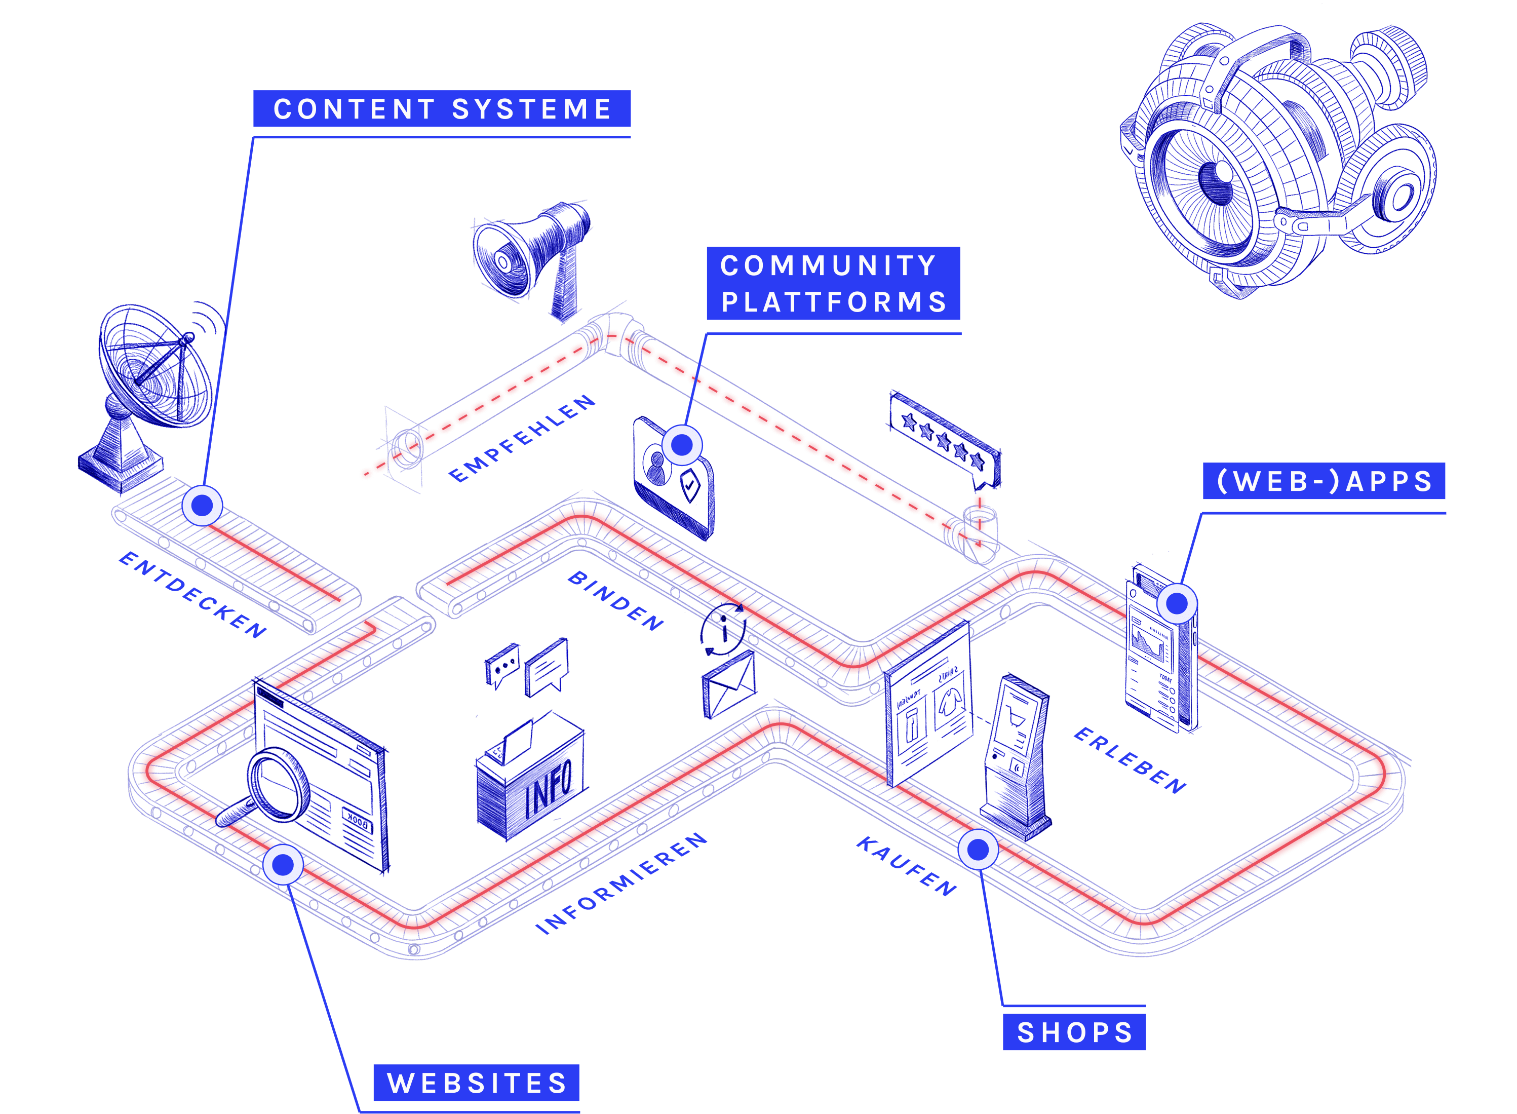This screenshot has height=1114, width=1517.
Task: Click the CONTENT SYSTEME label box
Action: (442, 108)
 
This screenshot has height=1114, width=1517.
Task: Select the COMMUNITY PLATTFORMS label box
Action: (833, 283)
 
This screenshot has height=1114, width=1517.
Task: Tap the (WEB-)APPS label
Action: (1324, 481)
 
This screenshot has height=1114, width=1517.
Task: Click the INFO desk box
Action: (529, 782)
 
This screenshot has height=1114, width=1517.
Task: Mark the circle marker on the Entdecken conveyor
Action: (202, 505)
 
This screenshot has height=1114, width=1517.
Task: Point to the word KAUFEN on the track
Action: (907, 866)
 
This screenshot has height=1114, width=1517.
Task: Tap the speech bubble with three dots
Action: (503, 666)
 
